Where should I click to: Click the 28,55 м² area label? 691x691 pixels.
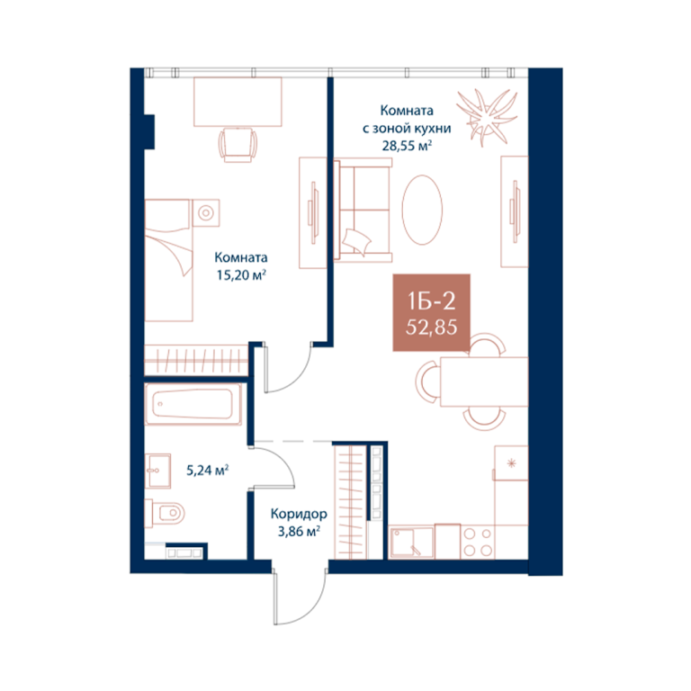pyautogui.click(x=407, y=146)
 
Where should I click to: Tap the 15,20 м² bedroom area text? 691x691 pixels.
pyautogui.click(x=241, y=275)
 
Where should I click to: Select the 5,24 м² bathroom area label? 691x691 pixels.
pyautogui.click(x=207, y=471)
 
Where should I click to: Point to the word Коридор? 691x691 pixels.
pyautogui.click(x=299, y=514)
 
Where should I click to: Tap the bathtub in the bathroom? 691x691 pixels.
pyautogui.click(x=193, y=404)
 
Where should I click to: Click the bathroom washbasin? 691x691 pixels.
pyautogui.click(x=157, y=471)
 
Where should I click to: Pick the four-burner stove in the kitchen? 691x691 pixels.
pyautogui.click(x=477, y=542)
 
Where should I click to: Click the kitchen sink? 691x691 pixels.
pyautogui.click(x=411, y=543)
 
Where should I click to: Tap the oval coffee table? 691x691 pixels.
pyautogui.click(x=422, y=210)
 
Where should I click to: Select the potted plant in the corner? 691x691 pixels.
pyautogui.click(x=486, y=117)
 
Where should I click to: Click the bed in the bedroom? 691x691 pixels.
pyautogui.click(x=169, y=260)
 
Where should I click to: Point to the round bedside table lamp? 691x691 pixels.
pyautogui.click(x=206, y=213)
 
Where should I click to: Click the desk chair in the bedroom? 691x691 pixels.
pyautogui.click(x=238, y=144)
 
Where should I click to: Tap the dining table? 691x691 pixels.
pyautogui.click(x=484, y=381)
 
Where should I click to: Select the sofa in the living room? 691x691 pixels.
pyautogui.click(x=363, y=211)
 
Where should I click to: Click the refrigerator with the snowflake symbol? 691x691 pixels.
pyautogui.click(x=511, y=462)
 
